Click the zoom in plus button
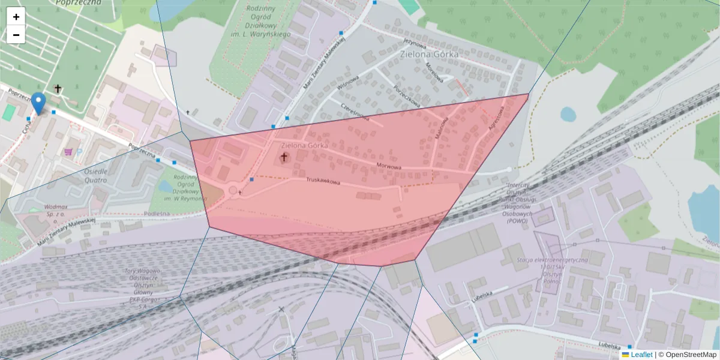pyautogui.click(x=16, y=17)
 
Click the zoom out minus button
pyautogui.click(x=16, y=35)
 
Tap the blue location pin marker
pyautogui.click(x=38, y=103)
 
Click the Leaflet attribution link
pyautogui.click(x=641, y=355)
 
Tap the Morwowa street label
pyautogui.click(x=388, y=164)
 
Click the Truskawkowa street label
pyautogui.click(x=323, y=180)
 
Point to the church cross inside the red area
pyautogui.click(x=284, y=158)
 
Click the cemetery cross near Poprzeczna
pyautogui.click(x=58, y=89)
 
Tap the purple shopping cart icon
pyautogui.click(x=68, y=152)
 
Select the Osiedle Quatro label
pyautogui.click(x=88, y=175)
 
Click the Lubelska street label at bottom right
pyautogui.click(x=610, y=344)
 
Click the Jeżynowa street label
pyautogui.click(x=415, y=43)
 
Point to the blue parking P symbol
pyautogui.click(x=79, y=152)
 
